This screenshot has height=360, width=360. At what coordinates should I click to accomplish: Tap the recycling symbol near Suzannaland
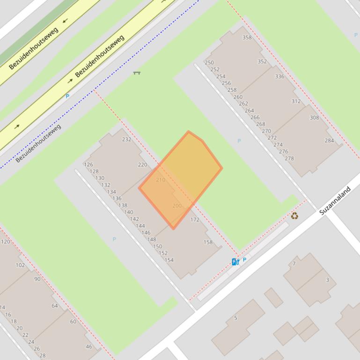(x=294, y=216)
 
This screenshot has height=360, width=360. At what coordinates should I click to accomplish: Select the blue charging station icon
(x=235, y=262)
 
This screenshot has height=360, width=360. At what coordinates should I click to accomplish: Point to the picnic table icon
(x=137, y=72)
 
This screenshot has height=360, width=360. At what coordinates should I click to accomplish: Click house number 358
(x=247, y=38)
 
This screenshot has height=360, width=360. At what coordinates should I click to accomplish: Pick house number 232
(x=126, y=139)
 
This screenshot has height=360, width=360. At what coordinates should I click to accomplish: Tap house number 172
(x=195, y=220)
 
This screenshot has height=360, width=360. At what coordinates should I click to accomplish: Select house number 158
(x=208, y=242)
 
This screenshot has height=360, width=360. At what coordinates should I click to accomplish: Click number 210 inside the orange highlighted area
(x=160, y=180)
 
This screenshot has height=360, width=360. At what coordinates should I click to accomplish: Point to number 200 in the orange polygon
(x=176, y=206)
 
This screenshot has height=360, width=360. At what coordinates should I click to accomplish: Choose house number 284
(x=330, y=140)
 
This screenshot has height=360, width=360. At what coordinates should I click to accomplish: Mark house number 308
(x=314, y=118)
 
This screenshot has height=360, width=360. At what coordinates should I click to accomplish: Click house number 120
(x=6, y=242)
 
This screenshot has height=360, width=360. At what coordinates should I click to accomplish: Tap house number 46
(x=89, y=346)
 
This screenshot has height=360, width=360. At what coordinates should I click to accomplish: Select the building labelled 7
(x=294, y=264)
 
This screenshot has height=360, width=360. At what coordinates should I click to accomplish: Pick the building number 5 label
(x=235, y=318)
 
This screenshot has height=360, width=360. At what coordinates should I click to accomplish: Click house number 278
(x=289, y=158)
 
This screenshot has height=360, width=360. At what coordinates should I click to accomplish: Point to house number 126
(x=88, y=165)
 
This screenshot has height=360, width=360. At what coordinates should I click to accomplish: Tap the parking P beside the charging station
(x=244, y=260)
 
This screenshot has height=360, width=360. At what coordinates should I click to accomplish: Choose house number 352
(x=262, y=61)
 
